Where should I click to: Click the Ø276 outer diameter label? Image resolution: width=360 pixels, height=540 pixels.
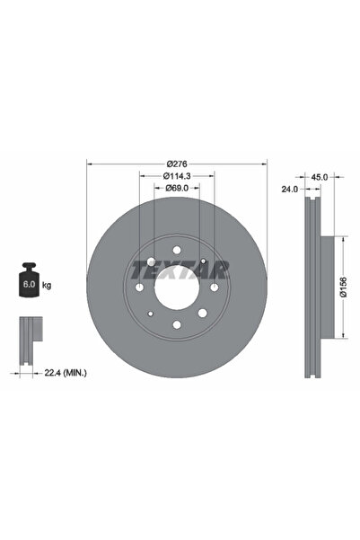[x=176, y=164]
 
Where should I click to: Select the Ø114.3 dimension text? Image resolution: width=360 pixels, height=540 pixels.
[x=176, y=176]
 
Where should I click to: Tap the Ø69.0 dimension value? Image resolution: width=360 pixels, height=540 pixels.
[x=176, y=189]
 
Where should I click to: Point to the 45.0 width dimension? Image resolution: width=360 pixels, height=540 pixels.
[x=319, y=176]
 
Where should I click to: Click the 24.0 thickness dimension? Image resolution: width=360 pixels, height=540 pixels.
[x=288, y=190]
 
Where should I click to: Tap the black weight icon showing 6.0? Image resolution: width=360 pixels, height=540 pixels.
[x=29, y=284]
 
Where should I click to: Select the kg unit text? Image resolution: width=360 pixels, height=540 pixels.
[x=47, y=285]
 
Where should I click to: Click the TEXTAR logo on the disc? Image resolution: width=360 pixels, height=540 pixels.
[x=180, y=269]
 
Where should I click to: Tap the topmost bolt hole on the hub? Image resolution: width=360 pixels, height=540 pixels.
[x=176, y=249]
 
